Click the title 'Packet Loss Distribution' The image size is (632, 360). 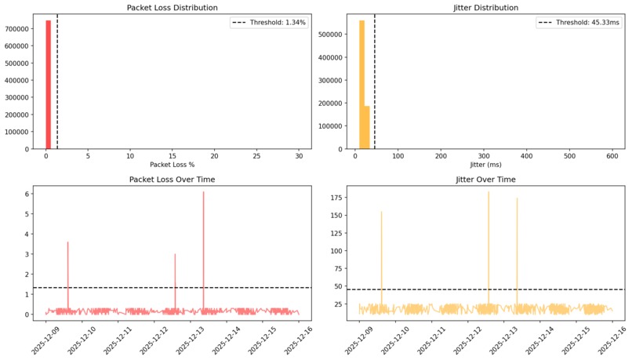pos(171,8)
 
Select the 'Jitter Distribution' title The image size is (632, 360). pos(486,8)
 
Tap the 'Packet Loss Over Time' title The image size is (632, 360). pos(171,180)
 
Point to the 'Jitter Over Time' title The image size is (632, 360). pos(486,180)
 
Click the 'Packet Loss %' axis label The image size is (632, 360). pos(171,165)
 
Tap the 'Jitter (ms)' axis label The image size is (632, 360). pos(486,165)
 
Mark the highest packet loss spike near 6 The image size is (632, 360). pos(203,193)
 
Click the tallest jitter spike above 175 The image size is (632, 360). pos(489,193)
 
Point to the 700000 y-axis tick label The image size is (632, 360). pos(17,28)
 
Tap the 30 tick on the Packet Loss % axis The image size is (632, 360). pos(299,155)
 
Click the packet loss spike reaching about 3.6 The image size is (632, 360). pos(68,243)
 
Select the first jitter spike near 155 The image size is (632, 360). pos(382,213)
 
